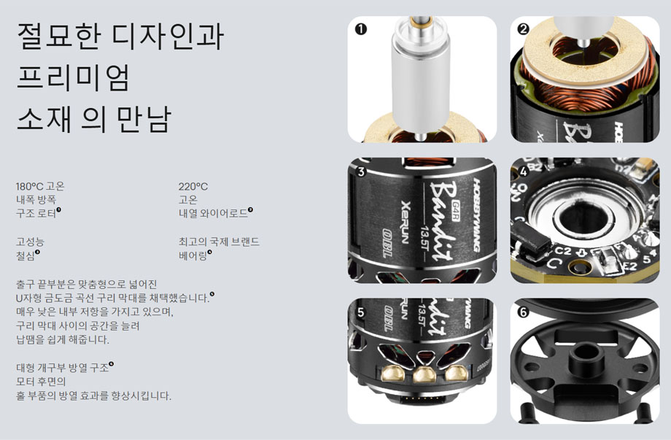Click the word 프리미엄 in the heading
coord(73,77)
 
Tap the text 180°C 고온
coord(40,186)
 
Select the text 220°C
coord(193,186)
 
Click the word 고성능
coord(30,242)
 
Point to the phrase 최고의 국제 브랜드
coord(219,242)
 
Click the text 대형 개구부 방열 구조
coord(61,368)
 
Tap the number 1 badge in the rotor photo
coord(360,29)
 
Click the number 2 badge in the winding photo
coord(523,29)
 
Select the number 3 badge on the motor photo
coord(360,172)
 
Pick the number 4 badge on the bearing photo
coord(523,172)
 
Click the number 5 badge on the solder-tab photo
coord(360,312)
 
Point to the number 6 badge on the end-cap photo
coord(523,312)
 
